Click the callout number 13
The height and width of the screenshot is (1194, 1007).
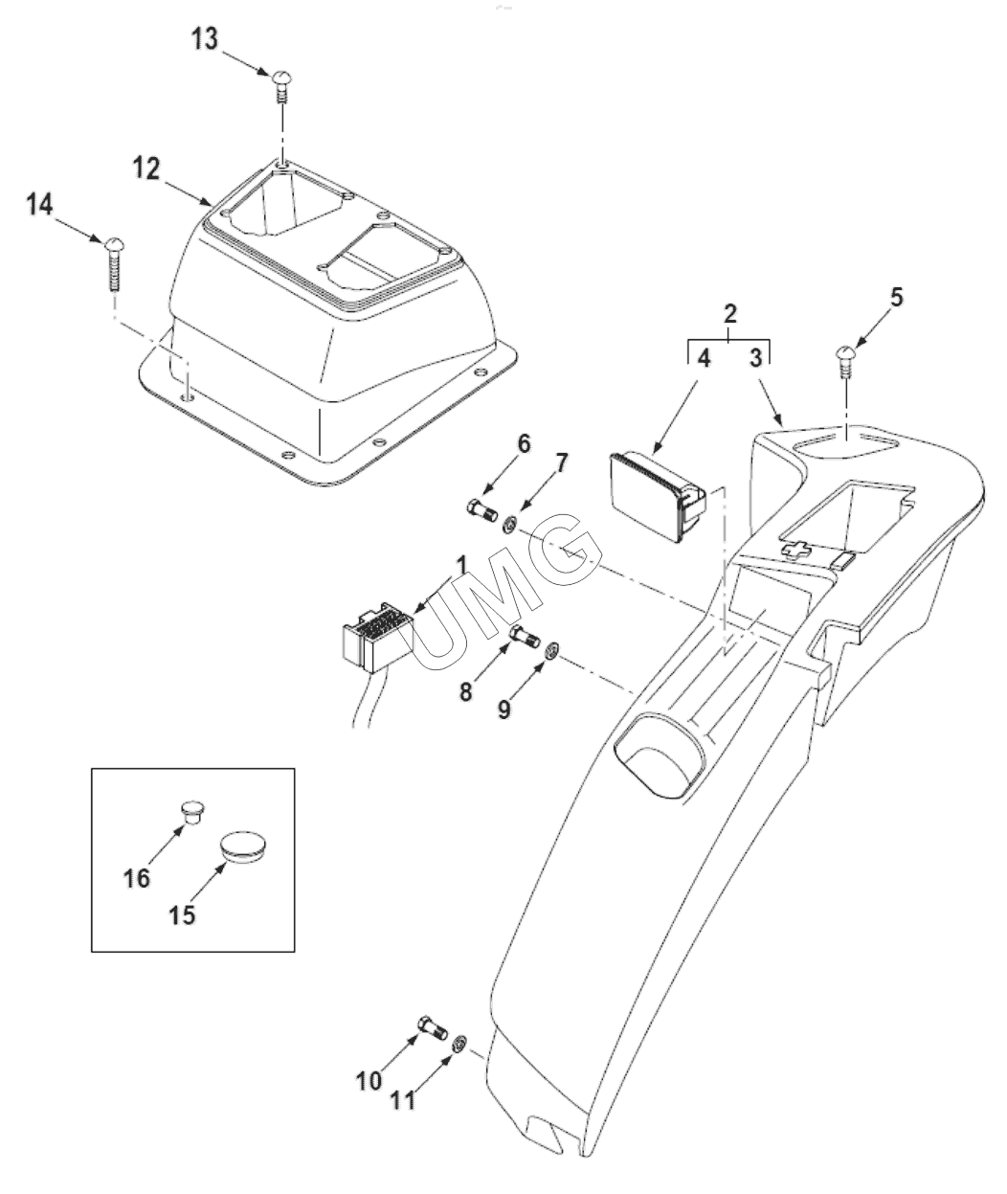(205, 39)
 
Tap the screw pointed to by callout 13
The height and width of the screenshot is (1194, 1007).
(281, 86)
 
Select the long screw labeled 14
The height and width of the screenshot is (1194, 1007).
(115, 265)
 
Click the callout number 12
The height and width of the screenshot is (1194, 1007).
(146, 169)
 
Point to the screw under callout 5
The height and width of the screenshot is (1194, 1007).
(846, 361)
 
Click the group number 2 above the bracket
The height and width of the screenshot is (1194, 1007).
(729, 313)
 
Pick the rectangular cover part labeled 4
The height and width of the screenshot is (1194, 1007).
(658, 498)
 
